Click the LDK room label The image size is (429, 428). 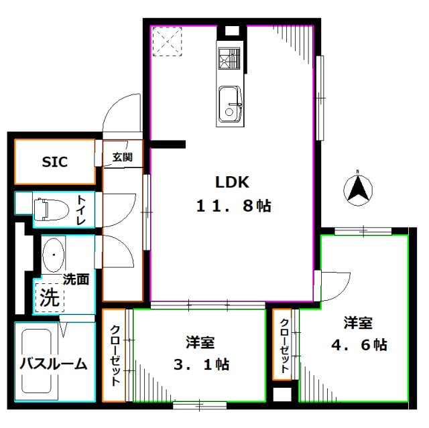[x=232, y=182]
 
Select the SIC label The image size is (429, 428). [x=55, y=161]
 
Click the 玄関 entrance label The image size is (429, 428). [x=122, y=158]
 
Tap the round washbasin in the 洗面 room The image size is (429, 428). [x=53, y=255]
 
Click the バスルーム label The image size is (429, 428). [x=53, y=364]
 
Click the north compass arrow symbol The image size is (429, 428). [x=359, y=188]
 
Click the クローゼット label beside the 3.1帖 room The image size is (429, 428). [x=115, y=355]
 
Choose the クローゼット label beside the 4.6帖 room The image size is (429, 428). [x=284, y=345]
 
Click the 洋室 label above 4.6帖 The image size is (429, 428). [x=358, y=323]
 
